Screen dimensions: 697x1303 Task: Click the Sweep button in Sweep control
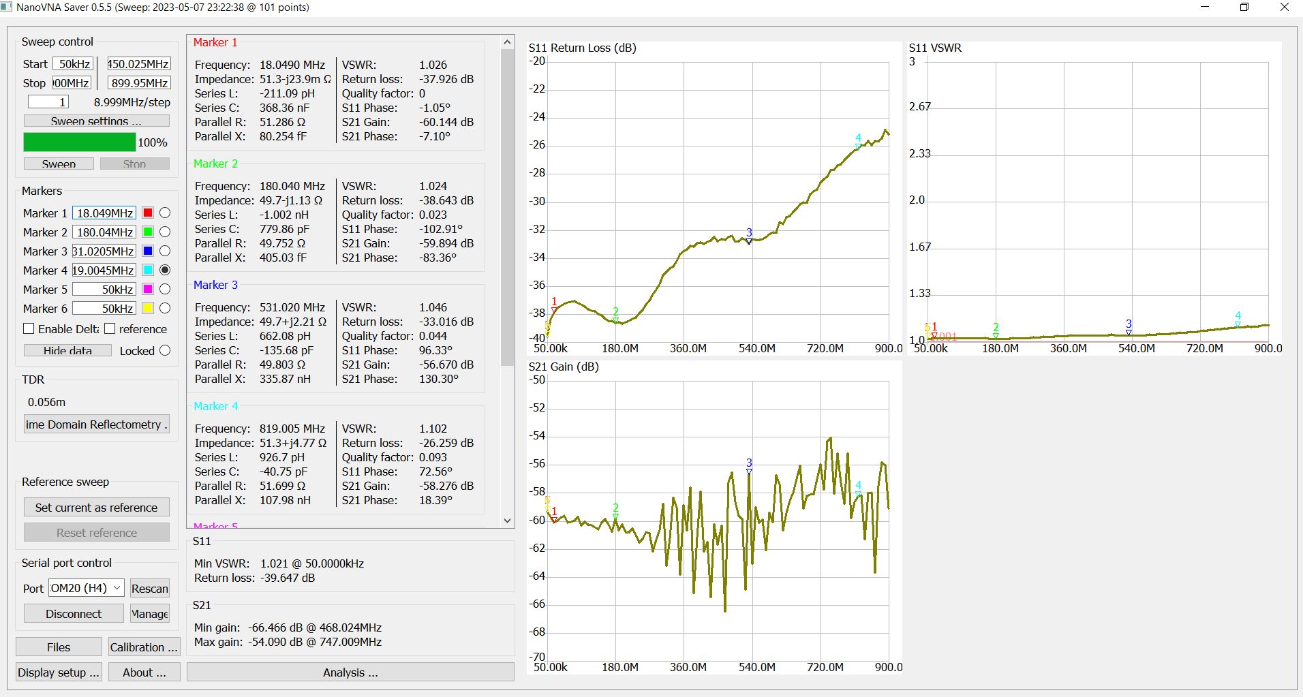(x=59, y=164)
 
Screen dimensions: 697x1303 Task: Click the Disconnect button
(x=74, y=613)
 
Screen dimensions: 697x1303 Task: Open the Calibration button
(x=143, y=647)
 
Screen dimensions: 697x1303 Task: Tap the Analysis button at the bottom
(x=350, y=672)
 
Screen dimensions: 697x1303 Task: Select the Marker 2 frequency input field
(x=104, y=232)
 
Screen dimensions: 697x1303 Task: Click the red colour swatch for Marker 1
(x=148, y=213)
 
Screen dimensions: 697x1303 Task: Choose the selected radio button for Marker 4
(x=165, y=270)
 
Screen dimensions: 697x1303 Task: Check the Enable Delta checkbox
(x=29, y=329)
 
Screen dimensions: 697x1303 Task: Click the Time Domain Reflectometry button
(x=96, y=424)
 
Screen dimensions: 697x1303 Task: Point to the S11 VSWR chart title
(x=935, y=48)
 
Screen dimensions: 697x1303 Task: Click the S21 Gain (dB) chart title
(x=564, y=367)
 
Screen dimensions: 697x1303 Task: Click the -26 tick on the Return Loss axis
(x=538, y=145)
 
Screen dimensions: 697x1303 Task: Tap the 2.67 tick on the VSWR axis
(x=919, y=107)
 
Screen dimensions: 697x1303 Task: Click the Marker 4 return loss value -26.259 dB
(x=446, y=443)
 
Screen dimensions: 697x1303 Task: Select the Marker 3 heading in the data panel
(x=215, y=285)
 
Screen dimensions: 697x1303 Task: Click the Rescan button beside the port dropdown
(x=150, y=589)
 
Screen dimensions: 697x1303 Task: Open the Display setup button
(x=59, y=672)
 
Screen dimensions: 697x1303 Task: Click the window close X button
(x=1284, y=7)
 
